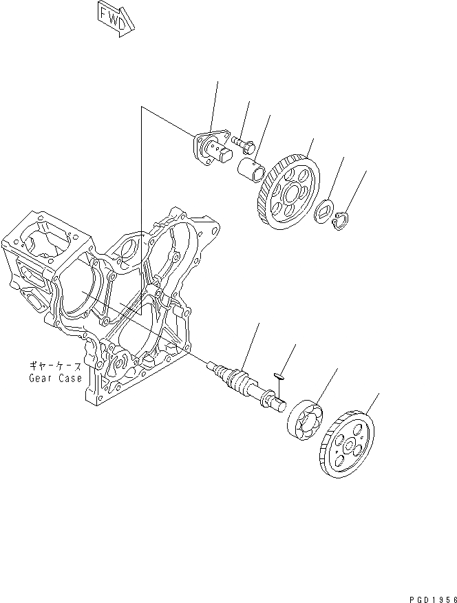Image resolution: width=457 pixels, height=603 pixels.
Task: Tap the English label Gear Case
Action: pos(55,378)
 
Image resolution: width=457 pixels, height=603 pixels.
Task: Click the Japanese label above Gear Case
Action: pos(55,366)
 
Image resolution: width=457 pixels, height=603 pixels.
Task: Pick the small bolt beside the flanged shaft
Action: pos(244,142)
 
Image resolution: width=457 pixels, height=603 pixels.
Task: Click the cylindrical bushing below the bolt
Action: pos(251,168)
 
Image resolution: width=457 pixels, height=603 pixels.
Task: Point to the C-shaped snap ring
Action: pos(339,222)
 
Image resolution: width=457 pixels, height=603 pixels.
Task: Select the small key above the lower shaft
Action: pos(279,375)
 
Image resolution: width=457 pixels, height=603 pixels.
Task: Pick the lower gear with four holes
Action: pos(348,444)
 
